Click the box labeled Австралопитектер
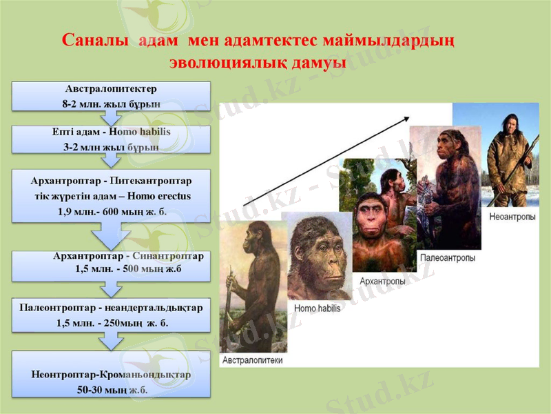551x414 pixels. point(112,97)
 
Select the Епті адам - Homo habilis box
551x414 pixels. point(112,139)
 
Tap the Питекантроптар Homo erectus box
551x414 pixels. point(112,196)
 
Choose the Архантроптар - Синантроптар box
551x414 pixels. point(112,266)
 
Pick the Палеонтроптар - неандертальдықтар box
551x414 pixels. point(112,315)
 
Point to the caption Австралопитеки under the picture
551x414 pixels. point(252,359)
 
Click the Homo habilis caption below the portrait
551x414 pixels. point(318,308)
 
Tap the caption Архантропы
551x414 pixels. point(382,281)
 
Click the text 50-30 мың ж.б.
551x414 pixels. point(112,389)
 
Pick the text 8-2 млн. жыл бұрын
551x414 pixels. point(112,104)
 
